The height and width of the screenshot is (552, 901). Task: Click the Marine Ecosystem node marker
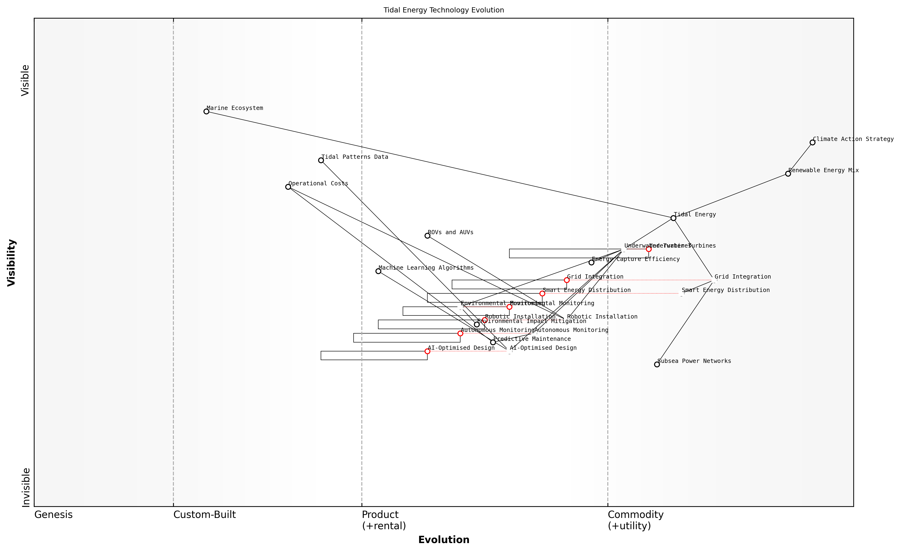[x=206, y=112]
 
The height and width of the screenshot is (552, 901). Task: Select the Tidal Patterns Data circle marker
[x=321, y=160]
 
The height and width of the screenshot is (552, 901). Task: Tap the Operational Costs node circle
[x=288, y=187]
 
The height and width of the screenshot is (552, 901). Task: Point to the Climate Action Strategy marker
[x=812, y=143]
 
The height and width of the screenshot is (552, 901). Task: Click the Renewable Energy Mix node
[x=788, y=174]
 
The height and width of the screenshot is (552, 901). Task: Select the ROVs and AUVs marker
[x=427, y=236]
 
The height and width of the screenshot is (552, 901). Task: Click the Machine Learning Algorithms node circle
[x=378, y=271]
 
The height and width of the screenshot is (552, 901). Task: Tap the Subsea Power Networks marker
[x=657, y=365]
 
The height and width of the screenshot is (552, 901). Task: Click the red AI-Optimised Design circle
[x=427, y=351]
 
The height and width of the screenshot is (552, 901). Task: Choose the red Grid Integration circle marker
[x=567, y=280]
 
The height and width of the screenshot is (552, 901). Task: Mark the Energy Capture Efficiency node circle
[x=591, y=262]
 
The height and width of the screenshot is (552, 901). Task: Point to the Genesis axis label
[x=53, y=515]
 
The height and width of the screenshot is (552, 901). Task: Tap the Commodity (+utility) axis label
[x=636, y=520]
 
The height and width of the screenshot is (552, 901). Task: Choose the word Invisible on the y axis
[x=26, y=487]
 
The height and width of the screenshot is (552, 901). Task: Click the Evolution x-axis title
[x=444, y=540]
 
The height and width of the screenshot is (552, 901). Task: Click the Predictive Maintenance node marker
[x=493, y=342]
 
